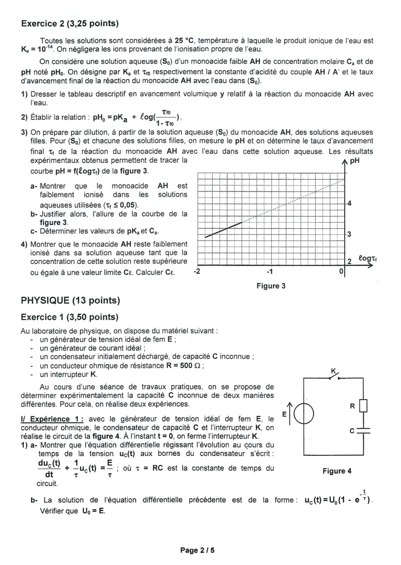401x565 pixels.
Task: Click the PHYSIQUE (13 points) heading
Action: pos(70,301)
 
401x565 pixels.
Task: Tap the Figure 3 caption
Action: pos(271,286)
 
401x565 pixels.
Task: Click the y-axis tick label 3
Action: pos(349,234)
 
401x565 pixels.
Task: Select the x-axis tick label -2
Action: pos(197,272)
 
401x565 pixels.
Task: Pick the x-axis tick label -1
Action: pos(269,272)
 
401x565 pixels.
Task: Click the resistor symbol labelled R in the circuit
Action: pos(364,406)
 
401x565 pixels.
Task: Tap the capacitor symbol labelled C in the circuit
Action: pos(364,430)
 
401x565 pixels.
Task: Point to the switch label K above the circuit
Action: pos(334,371)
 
